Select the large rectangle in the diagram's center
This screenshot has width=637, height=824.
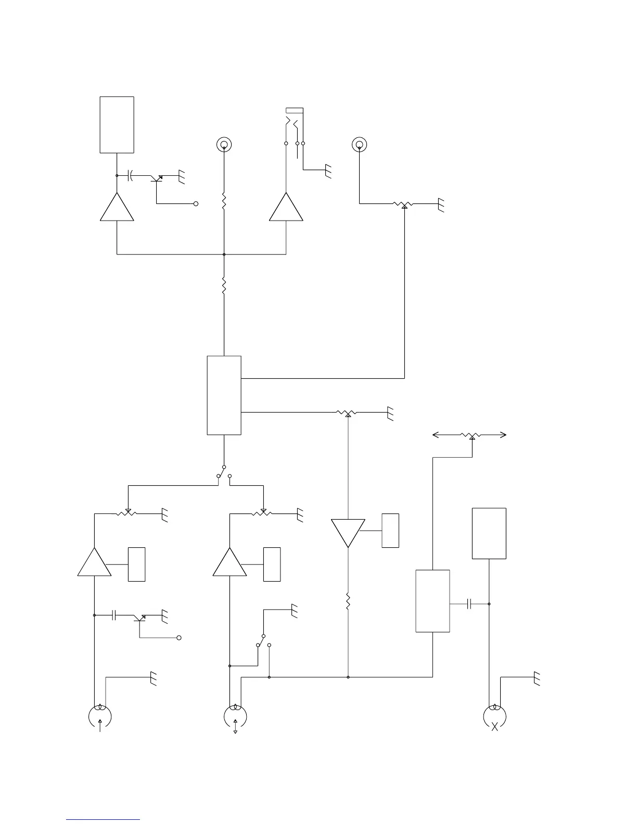point(224,395)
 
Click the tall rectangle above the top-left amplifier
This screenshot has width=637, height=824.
point(117,125)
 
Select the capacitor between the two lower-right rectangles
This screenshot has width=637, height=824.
point(470,604)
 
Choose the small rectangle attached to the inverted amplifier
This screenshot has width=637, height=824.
point(390,531)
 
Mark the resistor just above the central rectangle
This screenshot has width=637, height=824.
point(224,287)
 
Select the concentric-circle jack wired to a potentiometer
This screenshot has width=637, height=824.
point(359,144)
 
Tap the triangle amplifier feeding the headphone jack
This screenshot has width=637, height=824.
point(286,208)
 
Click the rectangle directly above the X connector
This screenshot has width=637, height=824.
point(489,533)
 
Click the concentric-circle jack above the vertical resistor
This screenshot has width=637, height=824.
point(224,144)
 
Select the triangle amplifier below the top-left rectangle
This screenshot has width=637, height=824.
point(117,208)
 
